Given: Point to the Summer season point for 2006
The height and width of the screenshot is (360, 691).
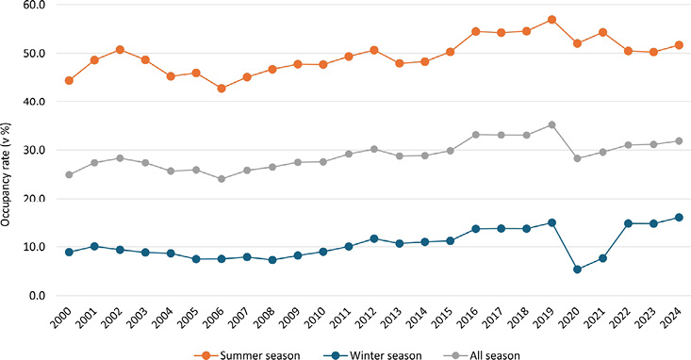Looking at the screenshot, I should coord(222,89).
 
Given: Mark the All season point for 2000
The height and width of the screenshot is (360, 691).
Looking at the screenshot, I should coord(69,174).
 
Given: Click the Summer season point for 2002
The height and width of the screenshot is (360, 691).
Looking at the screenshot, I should coord(120,49).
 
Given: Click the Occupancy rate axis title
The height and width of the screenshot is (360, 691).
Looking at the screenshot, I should coord(8,173).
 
